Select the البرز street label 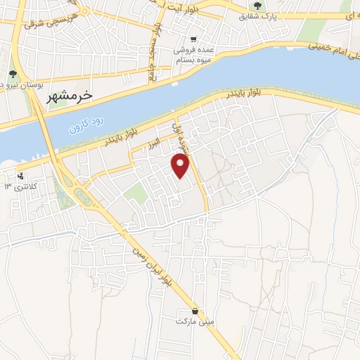click(x=154, y=144)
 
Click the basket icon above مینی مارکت click(x=195, y=310)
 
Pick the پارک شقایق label click(x=258, y=15)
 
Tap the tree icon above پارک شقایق click(x=258, y=5)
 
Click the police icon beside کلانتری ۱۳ click(x=20, y=176)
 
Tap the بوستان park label click(x=21, y=84)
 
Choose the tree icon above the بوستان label click(x=13, y=73)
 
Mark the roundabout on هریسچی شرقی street click(x=82, y=11)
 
